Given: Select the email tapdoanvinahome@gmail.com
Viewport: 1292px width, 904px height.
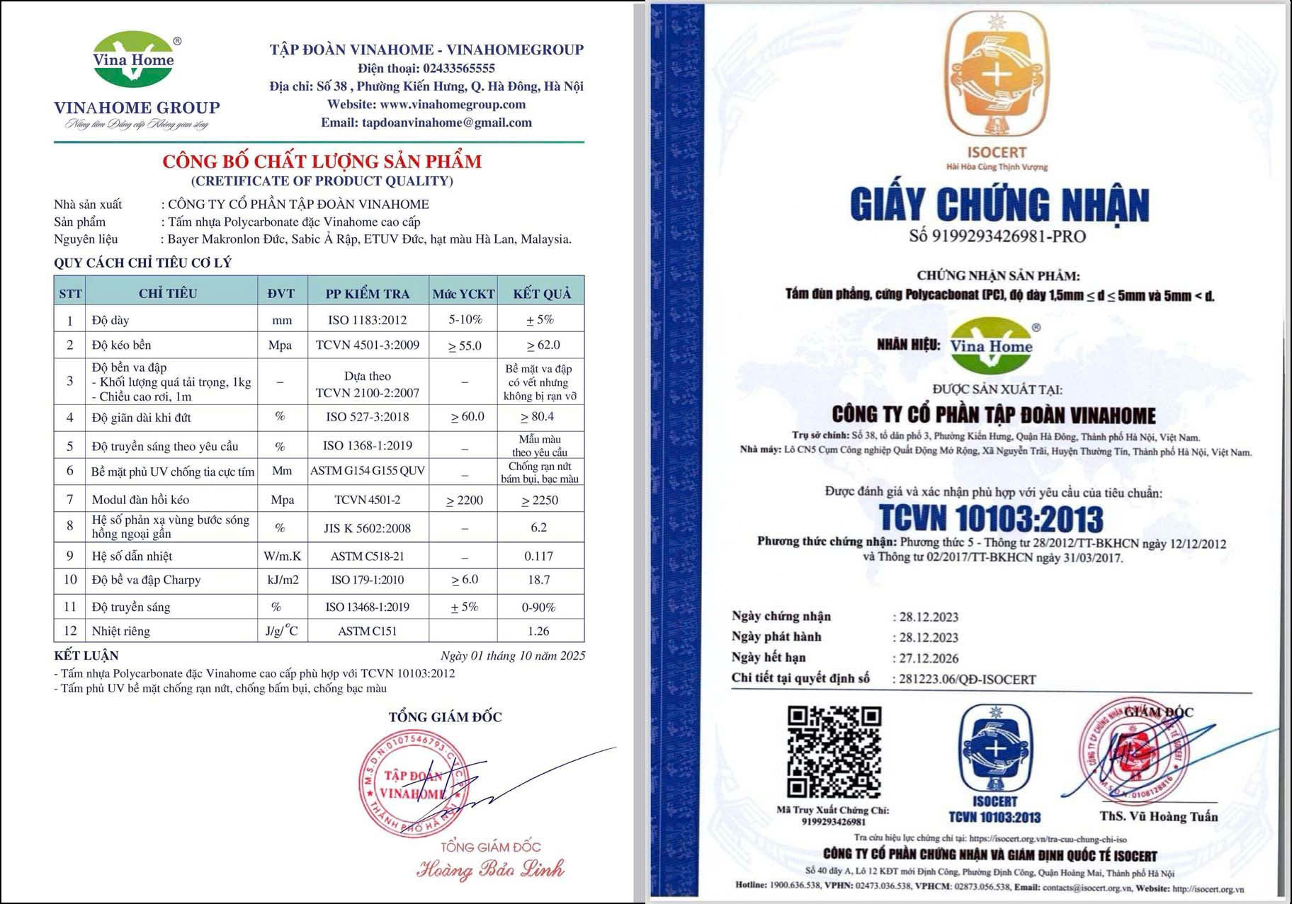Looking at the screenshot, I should coord(446,122).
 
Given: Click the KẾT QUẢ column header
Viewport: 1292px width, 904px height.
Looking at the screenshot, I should coord(541,293).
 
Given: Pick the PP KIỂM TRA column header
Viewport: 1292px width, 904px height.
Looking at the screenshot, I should coord(367,293).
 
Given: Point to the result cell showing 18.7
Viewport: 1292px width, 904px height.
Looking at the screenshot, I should coord(538,580).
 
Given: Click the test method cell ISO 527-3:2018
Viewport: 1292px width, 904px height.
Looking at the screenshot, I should coord(367,417).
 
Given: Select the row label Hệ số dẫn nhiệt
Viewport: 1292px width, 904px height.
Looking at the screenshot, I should coord(132,556).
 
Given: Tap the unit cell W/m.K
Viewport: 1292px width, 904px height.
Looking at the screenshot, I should coord(282,556).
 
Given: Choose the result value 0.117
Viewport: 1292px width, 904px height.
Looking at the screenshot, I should coord(538,556).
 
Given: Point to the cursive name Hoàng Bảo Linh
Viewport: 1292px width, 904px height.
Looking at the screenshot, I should coord(490,869).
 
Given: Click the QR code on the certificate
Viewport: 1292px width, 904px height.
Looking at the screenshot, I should coord(834,752).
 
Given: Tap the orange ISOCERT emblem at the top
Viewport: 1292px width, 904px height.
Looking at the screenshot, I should coord(997,74).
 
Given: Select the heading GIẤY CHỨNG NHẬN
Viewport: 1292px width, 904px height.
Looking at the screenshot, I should coord(999,205).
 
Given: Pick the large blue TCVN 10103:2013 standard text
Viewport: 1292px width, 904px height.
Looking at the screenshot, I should coord(991,518).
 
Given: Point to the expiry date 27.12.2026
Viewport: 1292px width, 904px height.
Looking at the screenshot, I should coord(929,658).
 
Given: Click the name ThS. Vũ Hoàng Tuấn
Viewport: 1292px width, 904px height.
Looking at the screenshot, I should coord(1158,816).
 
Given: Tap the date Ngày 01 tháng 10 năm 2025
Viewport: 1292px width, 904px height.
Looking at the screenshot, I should coord(513,656).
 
